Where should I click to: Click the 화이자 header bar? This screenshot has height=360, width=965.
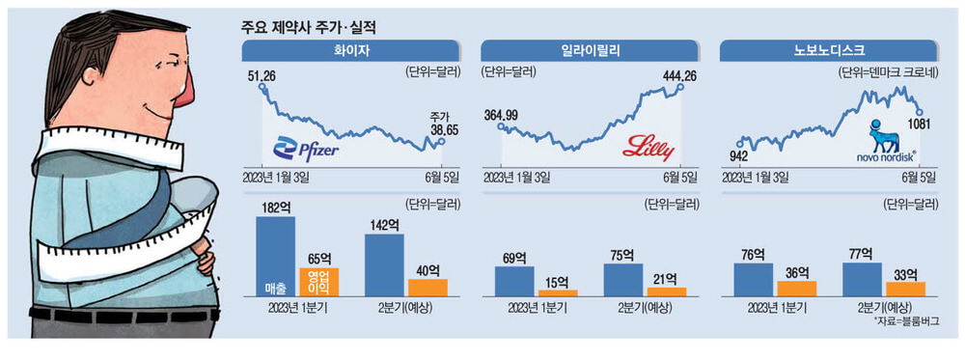point(354,50)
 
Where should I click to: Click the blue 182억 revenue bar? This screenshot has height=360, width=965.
point(275,256)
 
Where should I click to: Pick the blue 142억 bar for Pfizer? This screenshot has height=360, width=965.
point(384,264)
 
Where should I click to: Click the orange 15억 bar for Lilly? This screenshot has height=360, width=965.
point(557,291)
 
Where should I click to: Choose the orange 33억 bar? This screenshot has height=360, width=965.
point(905,288)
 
